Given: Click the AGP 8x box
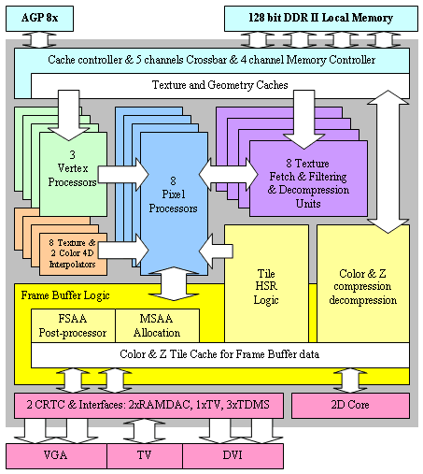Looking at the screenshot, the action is [39, 19].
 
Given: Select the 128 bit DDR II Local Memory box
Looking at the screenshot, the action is [321, 19].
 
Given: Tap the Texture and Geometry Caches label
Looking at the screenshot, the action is [219, 85].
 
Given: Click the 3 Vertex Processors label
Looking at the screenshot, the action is [72, 168].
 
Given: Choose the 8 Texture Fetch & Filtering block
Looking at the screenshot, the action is [308, 179].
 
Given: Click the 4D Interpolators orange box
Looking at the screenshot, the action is [73, 254].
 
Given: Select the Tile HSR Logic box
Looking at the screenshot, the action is [266, 283].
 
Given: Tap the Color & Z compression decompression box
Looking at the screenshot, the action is [363, 283].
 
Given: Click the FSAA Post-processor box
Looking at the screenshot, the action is [73, 325].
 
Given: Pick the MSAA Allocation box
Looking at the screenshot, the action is [157, 325].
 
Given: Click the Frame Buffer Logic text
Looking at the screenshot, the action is [65, 295].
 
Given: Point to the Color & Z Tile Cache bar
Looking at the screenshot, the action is [220, 355].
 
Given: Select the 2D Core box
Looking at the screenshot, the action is [350, 405].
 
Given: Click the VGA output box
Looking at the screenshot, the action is [56, 456].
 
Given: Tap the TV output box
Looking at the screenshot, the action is [145, 456].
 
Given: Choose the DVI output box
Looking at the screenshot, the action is [233, 456].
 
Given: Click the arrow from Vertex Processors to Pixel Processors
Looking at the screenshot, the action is [123, 175].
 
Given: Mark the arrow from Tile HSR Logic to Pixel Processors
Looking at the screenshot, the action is [216, 251].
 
